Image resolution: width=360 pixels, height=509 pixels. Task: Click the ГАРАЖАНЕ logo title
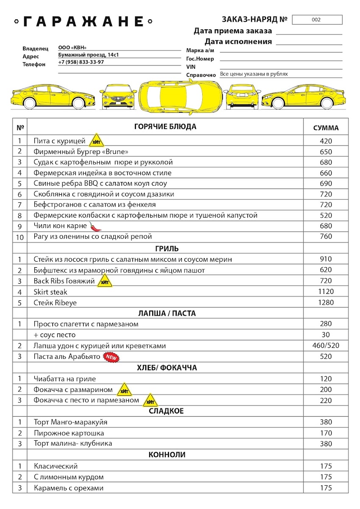84,21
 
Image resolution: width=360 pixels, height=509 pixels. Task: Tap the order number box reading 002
317,20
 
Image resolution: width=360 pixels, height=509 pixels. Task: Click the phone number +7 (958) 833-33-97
81,62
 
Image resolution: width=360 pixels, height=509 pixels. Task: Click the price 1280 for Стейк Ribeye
326,302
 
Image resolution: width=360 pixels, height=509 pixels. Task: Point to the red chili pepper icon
95,227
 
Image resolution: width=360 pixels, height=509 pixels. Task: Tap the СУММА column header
326,128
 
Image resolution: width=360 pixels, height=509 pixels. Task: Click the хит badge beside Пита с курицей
96,141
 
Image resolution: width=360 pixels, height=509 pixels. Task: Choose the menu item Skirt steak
50,292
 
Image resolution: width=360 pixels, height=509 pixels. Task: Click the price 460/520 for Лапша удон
326,346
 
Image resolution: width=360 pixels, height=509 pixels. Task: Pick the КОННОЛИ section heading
167,455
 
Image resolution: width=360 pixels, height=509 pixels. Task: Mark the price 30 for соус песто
326,335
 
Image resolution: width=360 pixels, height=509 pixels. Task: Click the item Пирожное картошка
69,433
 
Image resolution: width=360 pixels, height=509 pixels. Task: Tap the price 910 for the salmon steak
326,259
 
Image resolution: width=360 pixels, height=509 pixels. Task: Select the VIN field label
190,67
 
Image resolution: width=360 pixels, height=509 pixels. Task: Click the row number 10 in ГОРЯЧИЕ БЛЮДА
20,237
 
